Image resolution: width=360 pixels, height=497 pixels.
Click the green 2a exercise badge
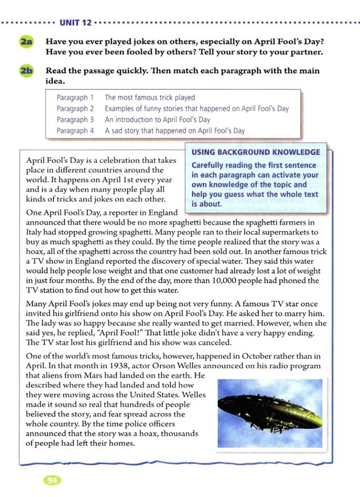(x=26, y=42)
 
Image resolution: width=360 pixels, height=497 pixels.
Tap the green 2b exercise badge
(x=26, y=72)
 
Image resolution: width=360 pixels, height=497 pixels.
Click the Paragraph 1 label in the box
(x=75, y=98)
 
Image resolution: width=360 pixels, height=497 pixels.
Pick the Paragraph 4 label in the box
(x=75, y=130)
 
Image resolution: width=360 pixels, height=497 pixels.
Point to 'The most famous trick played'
(x=150, y=98)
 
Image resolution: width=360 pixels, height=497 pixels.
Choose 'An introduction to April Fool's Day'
(x=157, y=120)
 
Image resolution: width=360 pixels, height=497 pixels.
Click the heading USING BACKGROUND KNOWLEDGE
(x=256, y=152)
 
